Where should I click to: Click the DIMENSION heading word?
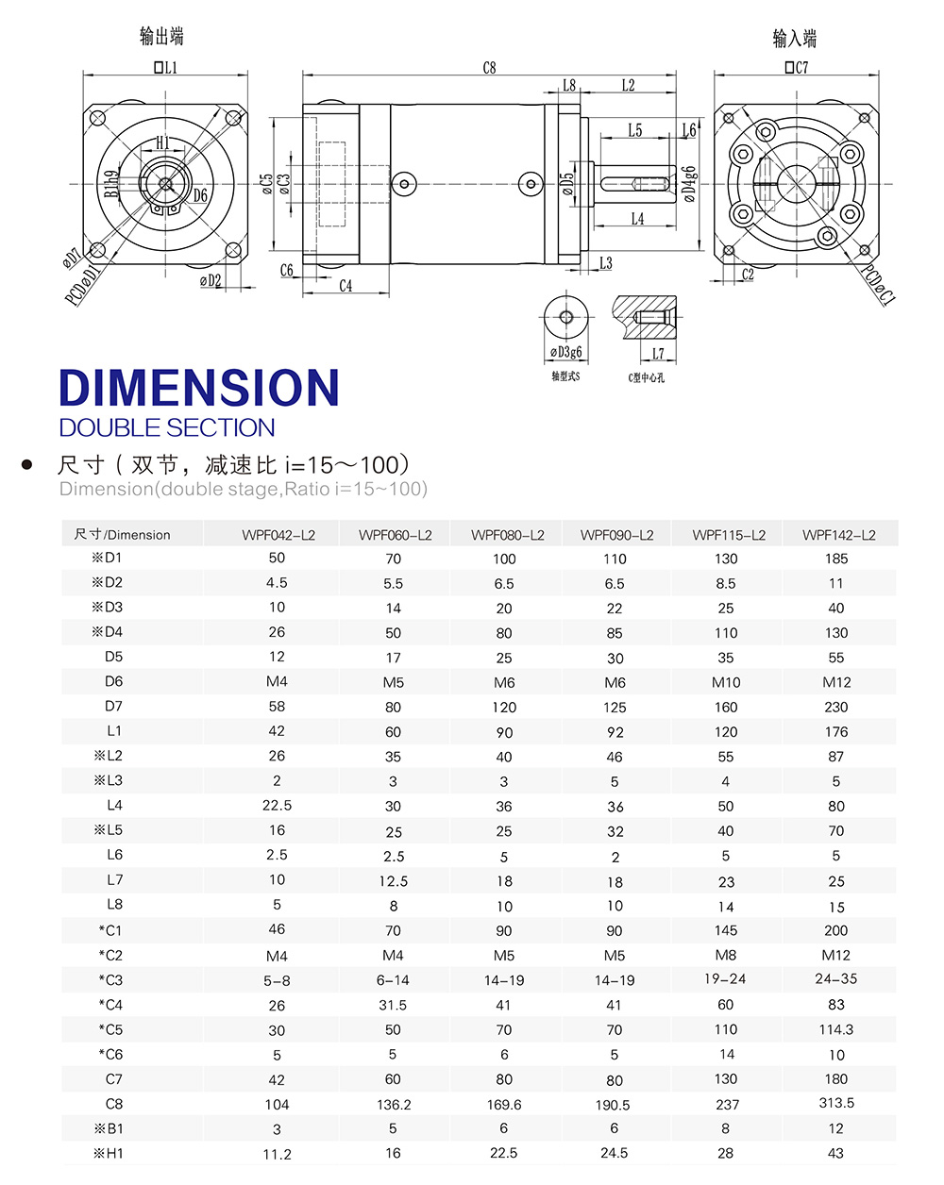(x=198, y=388)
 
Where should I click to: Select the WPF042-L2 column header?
(x=278, y=535)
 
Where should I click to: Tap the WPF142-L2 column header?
(x=838, y=535)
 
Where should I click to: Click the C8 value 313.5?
(x=836, y=1103)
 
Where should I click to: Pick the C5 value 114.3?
(x=836, y=1029)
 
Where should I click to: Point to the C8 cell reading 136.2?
(x=393, y=1104)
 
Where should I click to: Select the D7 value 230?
(x=836, y=707)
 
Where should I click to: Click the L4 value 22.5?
(x=277, y=806)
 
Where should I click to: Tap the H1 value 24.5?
(x=615, y=1153)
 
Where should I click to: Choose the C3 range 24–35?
(x=836, y=979)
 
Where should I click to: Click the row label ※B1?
(x=109, y=1128)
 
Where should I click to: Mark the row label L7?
(x=114, y=880)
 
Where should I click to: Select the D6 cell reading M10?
(x=726, y=682)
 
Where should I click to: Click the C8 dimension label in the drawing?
(x=489, y=68)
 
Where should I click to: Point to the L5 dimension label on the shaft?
(x=634, y=131)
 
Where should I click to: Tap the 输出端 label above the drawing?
(x=161, y=37)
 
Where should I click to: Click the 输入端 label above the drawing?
(x=795, y=39)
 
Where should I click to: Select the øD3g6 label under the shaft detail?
(x=566, y=352)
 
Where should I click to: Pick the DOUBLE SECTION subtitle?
(x=167, y=428)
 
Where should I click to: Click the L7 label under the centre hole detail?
(x=657, y=354)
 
